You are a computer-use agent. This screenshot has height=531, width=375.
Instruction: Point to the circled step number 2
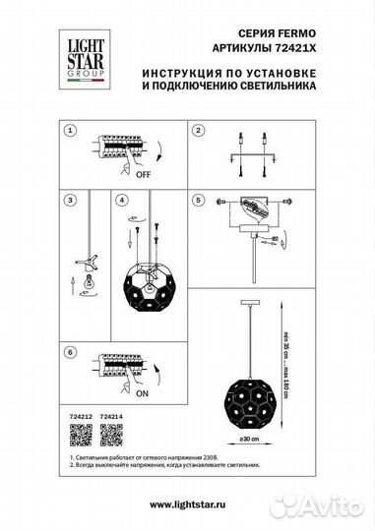click(197, 131)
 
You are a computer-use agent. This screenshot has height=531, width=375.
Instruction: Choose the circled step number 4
click(121, 200)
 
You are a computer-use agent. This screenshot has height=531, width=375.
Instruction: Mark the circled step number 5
click(197, 200)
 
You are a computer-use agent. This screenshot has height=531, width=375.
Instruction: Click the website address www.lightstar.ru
click(187, 504)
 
